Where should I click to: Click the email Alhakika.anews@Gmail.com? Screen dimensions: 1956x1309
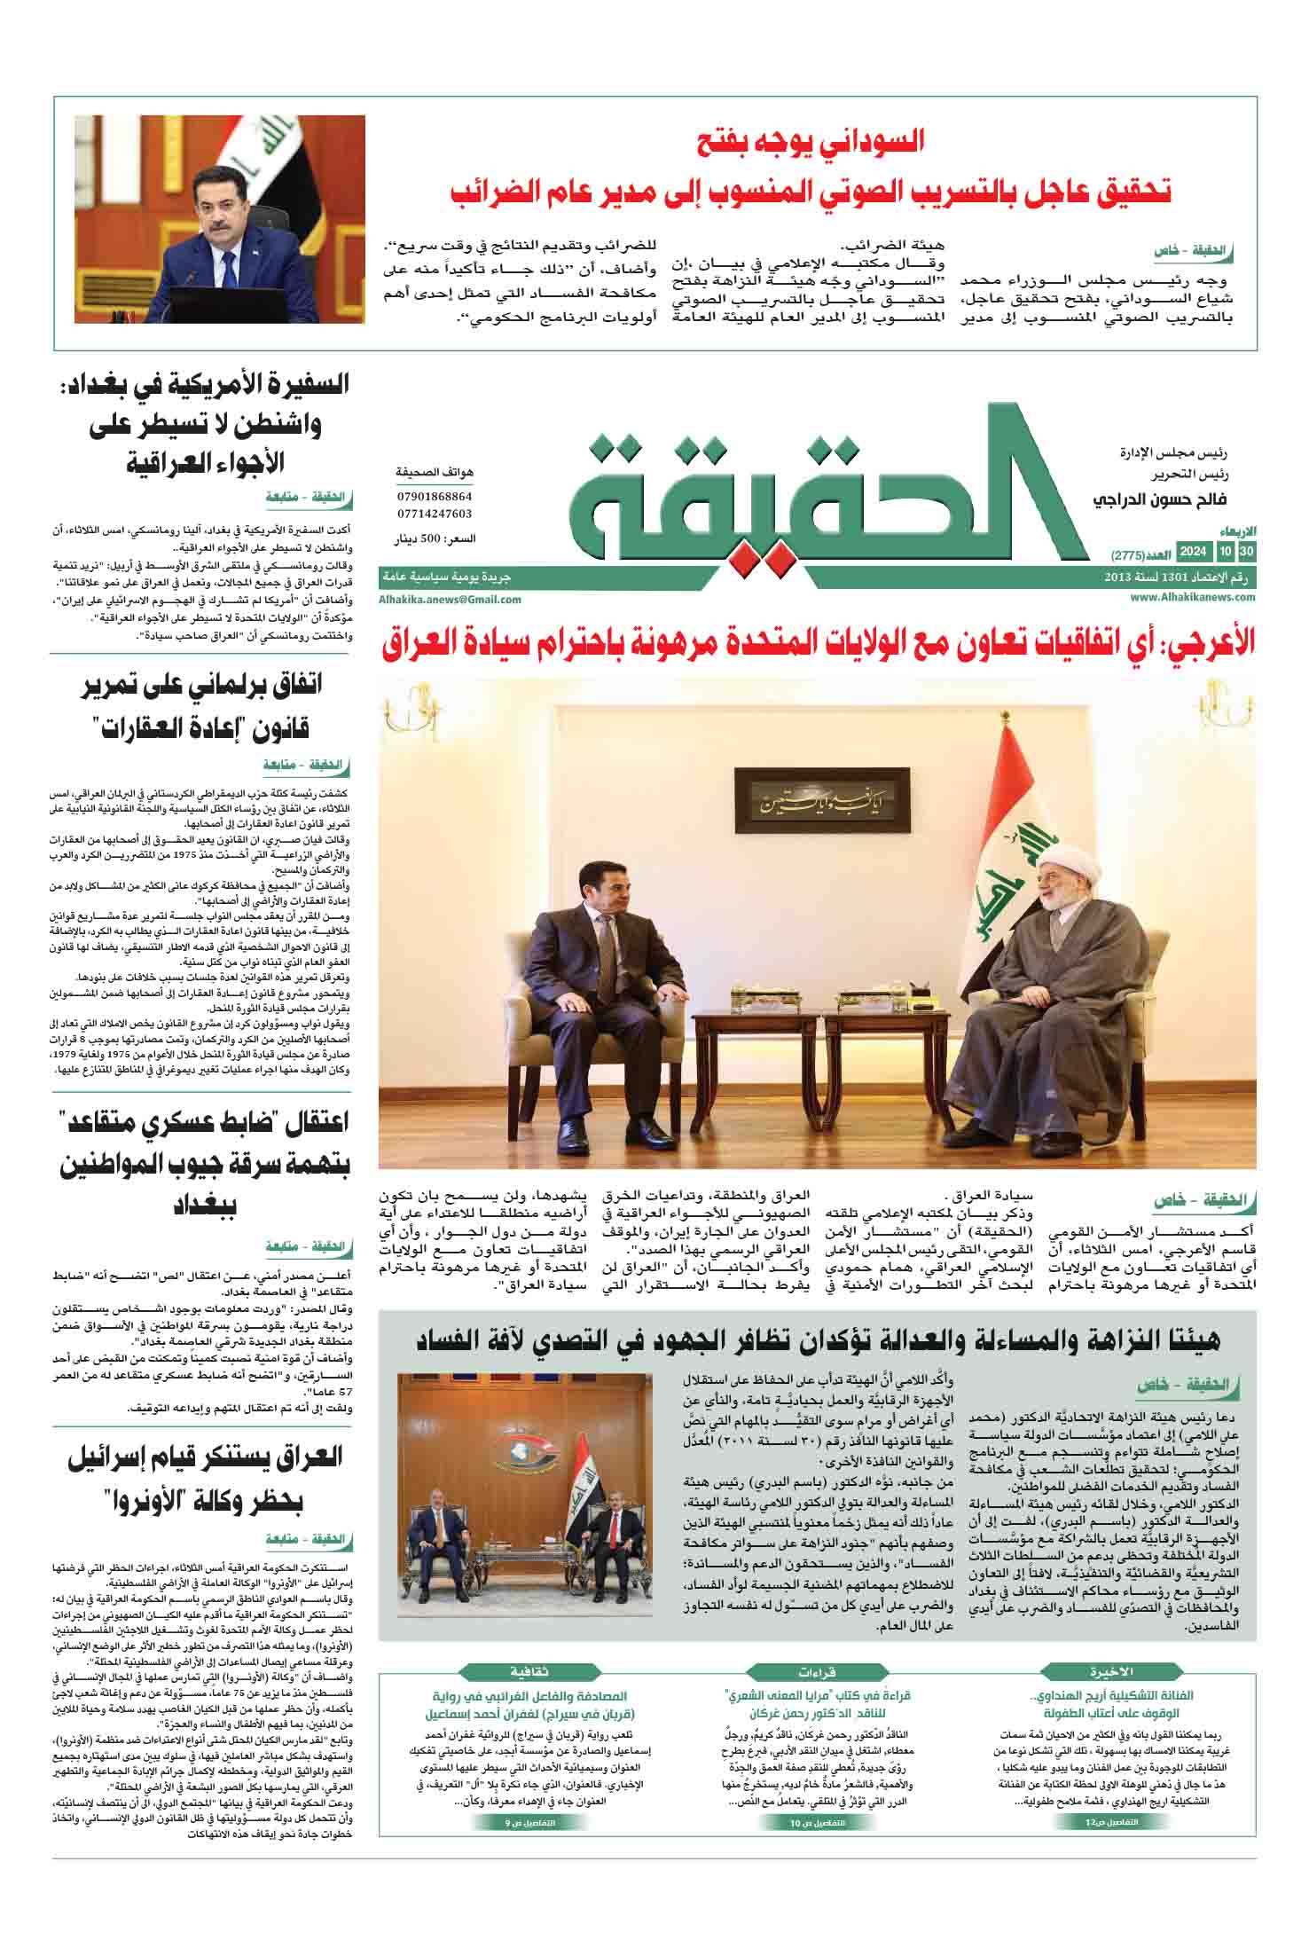(x=450, y=600)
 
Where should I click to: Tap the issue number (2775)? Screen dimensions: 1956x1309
(x=1128, y=555)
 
